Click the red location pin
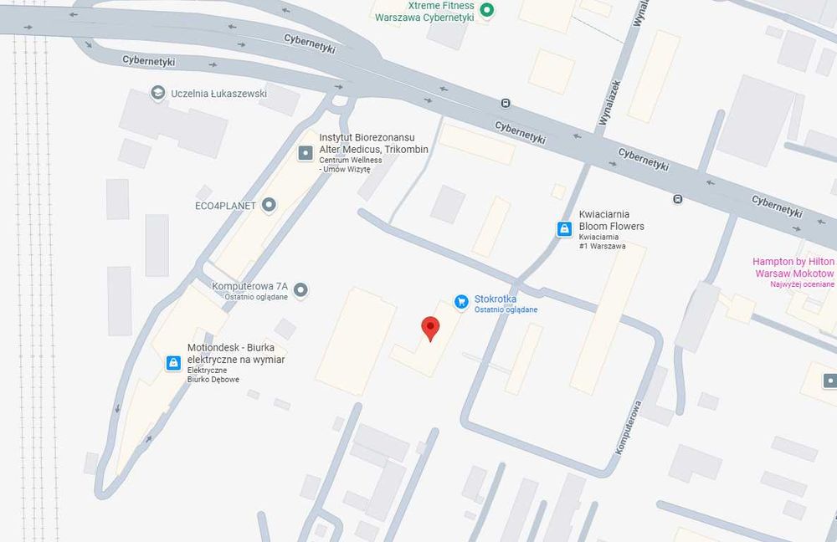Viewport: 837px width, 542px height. [430, 328]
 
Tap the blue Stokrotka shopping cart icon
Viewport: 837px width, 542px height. [460, 300]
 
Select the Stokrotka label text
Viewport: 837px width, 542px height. [496, 299]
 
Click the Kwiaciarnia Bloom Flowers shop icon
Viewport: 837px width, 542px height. [565, 228]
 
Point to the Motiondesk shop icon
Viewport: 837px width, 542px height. [173, 362]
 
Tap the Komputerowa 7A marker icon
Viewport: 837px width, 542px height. [301, 290]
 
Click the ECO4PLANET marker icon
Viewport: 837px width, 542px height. [269, 204]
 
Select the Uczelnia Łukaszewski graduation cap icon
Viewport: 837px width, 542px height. [157, 93]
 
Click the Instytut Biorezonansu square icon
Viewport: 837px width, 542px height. [306, 152]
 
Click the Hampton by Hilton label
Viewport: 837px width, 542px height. [793, 268]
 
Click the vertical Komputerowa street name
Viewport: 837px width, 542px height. [629, 427]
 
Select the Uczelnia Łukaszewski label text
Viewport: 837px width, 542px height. [218, 94]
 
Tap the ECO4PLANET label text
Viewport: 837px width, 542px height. [225, 205]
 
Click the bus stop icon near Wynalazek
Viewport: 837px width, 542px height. [506, 104]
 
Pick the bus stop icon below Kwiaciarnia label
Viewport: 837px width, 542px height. [677, 199]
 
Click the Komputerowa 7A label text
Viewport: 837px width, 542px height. [249, 286]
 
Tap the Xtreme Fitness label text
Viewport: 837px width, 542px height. [424, 11]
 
